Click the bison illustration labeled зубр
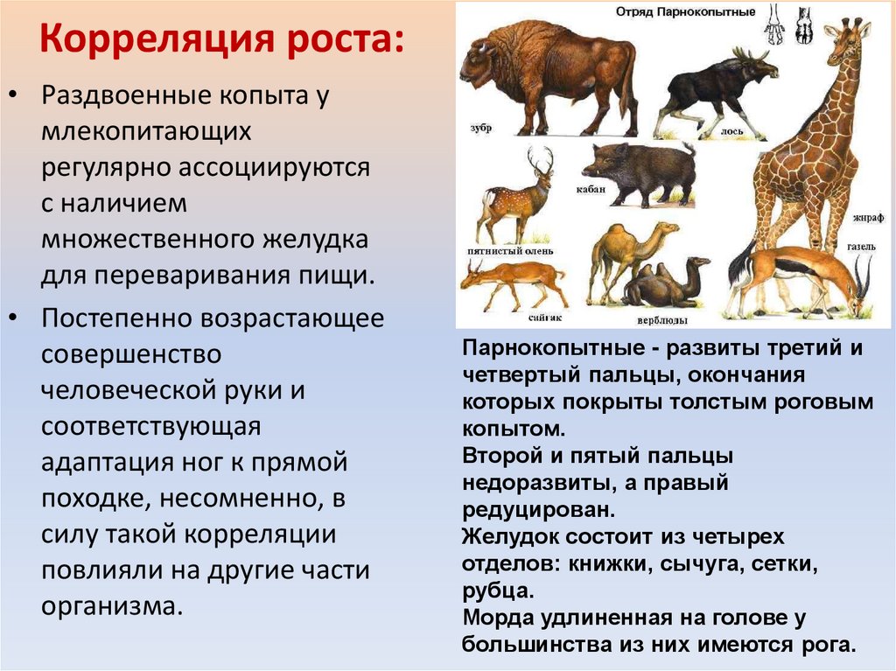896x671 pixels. click(x=547, y=79)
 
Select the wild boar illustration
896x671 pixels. click(x=638, y=171)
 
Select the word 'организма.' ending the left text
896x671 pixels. click(x=112, y=606)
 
